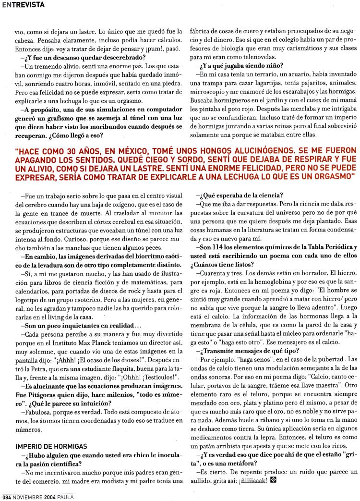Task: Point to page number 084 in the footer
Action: tap(6, 496)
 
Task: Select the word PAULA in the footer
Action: tap(64, 496)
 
